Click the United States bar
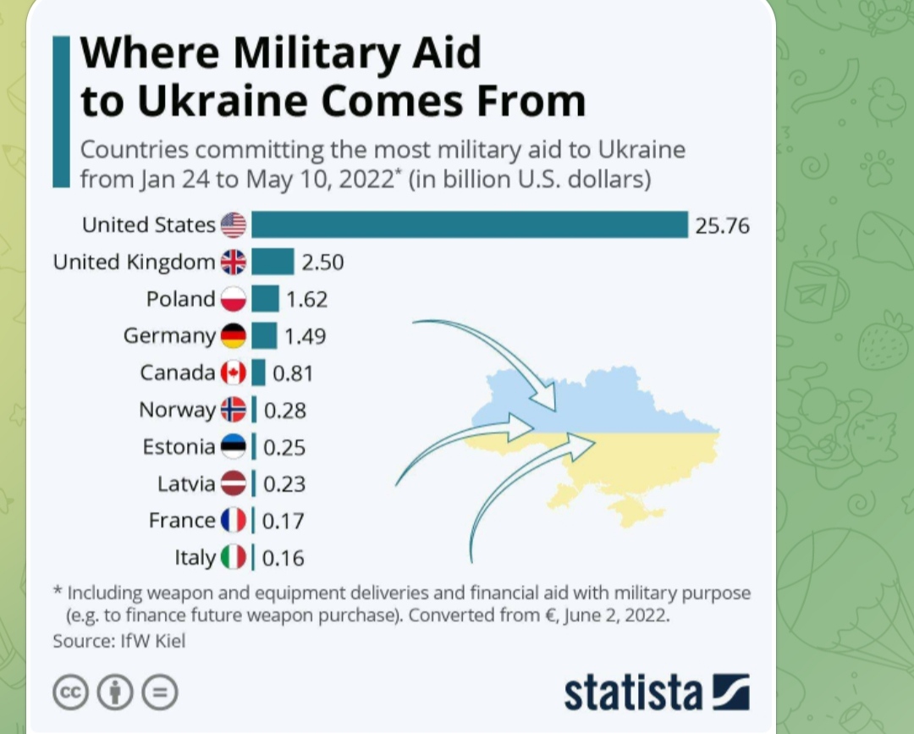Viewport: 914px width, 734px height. (469, 225)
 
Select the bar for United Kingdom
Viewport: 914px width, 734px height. (273, 262)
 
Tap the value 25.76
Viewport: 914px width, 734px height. (722, 226)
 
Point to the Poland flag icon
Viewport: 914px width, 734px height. (234, 299)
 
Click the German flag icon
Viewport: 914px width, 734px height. (234, 336)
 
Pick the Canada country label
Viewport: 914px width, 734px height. (178, 373)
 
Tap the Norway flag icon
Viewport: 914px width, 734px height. (234, 410)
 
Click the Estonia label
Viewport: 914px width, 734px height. (179, 447)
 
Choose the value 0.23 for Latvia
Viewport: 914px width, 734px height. (284, 484)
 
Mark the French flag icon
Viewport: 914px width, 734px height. (234, 521)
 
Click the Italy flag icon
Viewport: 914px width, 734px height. (234, 557)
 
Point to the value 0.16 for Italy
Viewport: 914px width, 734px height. (284, 558)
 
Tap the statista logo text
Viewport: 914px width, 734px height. (633, 693)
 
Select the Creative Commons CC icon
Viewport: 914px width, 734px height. (70, 693)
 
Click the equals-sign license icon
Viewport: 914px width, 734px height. (159, 693)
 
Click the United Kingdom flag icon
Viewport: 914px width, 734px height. (234, 262)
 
